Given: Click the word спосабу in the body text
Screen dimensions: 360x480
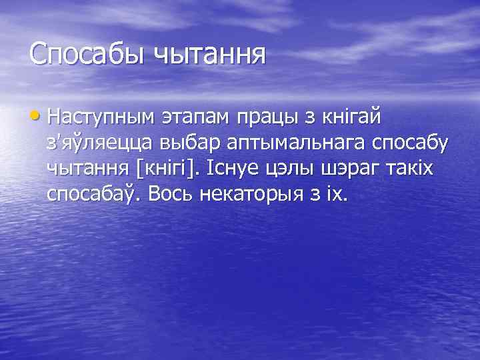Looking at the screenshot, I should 409,145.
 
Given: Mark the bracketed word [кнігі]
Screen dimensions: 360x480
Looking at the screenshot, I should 173,171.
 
